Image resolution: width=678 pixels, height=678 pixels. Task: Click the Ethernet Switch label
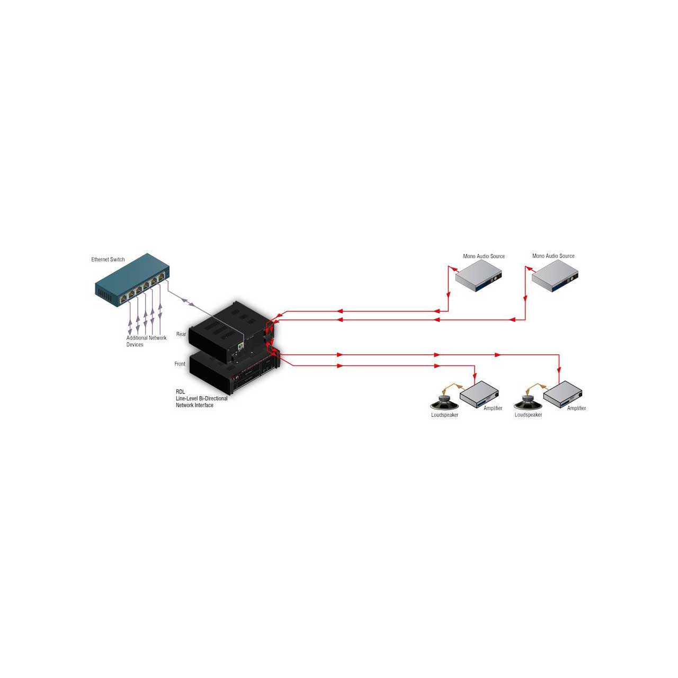point(108,260)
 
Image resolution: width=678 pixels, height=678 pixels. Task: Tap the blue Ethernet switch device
point(132,280)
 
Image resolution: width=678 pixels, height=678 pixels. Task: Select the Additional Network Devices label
point(146,341)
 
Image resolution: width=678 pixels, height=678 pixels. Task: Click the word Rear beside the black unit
point(181,334)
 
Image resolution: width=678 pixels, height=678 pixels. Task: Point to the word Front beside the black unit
point(180,364)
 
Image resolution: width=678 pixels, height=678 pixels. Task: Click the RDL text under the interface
point(180,391)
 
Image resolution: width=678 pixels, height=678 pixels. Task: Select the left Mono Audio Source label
point(484,256)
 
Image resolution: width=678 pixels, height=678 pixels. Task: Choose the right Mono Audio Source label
point(553,256)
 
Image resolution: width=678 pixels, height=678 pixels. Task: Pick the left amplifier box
point(479,394)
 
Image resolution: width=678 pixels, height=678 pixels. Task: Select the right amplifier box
point(563,394)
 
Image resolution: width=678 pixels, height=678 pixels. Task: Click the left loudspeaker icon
point(445,403)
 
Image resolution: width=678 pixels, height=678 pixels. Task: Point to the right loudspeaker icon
point(528,403)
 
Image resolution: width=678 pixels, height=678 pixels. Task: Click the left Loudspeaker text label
point(445,415)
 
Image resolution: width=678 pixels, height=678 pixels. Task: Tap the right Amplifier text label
point(576,408)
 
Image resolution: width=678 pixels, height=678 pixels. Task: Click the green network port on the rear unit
point(240,346)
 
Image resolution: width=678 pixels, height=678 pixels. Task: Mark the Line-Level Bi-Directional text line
point(202,398)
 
